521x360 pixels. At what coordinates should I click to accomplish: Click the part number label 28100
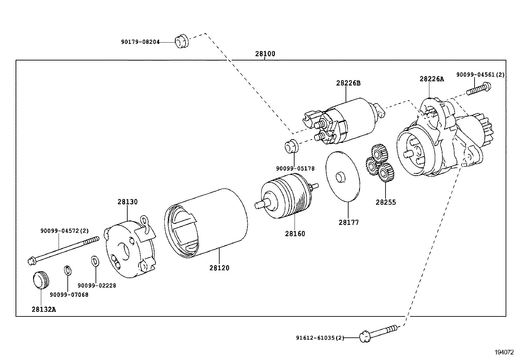click(x=265, y=54)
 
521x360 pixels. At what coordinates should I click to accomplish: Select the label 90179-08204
click(x=140, y=42)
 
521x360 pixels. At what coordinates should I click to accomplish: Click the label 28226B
click(x=348, y=83)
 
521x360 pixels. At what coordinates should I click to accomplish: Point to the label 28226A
click(x=432, y=79)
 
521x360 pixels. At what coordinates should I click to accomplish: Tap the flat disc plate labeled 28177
click(x=343, y=176)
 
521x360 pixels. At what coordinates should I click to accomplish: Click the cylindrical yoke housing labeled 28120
click(x=206, y=226)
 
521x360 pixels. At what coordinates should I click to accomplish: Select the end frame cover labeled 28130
click(x=130, y=249)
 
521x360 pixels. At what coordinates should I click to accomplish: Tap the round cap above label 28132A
click(x=41, y=280)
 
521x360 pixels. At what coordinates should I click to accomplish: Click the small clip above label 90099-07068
click(x=67, y=271)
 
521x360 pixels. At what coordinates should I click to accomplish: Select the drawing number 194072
click(x=504, y=352)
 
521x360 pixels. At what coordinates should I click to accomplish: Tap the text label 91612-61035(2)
click(x=320, y=338)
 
